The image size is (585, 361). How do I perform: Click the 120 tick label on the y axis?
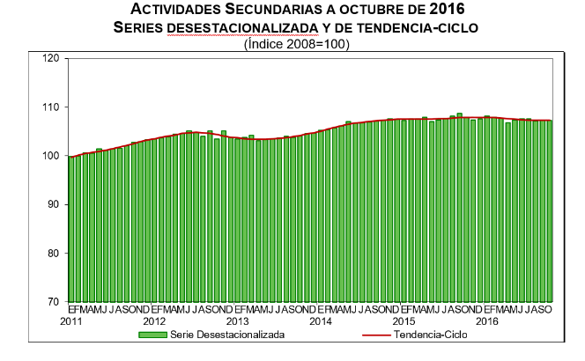point(51,59)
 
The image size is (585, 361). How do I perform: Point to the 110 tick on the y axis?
point(51,107)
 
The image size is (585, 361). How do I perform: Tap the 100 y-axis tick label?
point(51,156)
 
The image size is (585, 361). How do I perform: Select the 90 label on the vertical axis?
point(54,204)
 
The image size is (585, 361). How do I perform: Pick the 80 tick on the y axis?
point(54,254)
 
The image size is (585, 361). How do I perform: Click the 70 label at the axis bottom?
point(54,302)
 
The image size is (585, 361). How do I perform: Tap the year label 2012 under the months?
point(155,321)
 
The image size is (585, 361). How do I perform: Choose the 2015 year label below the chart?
point(404,321)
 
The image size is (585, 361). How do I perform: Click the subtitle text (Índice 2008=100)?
point(296,43)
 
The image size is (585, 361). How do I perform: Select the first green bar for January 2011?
point(71,229)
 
